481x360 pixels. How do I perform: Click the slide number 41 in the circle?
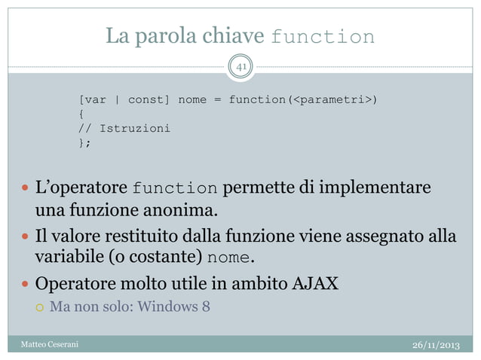pyautogui.click(x=240, y=69)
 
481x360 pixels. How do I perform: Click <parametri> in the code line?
pyautogui.click(x=332, y=99)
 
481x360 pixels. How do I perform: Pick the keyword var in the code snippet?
pyautogui.click(x=95, y=99)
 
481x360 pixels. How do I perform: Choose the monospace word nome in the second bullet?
pyautogui.click(x=229, y=259)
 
